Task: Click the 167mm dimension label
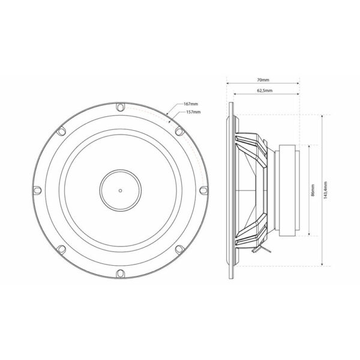[x=191, y=104]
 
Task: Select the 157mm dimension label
[x=193, y=112]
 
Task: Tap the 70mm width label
[x=263, y=80]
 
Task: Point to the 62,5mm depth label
[x=265, y=91]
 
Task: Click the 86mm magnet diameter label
[x=313, y=190]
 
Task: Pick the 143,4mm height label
[x=325, y=190]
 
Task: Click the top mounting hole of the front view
[x=121, y=107]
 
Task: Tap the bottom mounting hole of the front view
[x=121, y=274]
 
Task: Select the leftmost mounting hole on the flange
[x=37, y=190]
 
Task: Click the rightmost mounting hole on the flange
[x=203, y=190]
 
